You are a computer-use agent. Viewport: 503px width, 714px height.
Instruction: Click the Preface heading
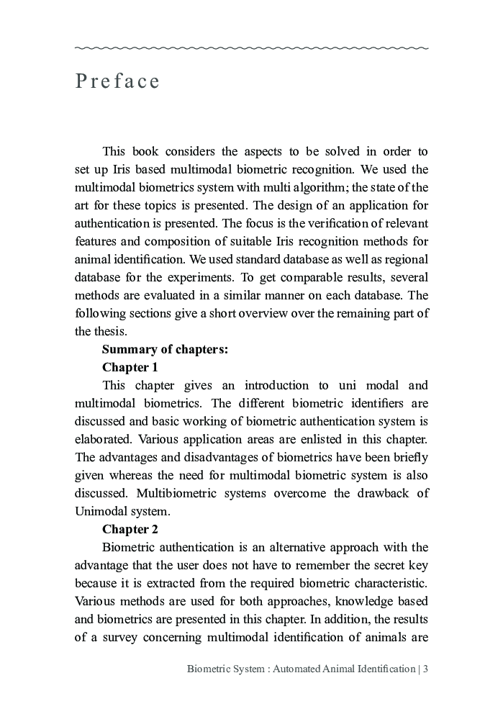[117, 81]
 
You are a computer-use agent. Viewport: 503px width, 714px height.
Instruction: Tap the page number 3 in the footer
[426, 669]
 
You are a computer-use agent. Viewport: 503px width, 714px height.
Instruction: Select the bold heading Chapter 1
[130, 367]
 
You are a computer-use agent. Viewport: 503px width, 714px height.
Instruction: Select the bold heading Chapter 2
[130, 530]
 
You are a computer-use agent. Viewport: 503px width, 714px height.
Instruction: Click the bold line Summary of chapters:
[165, 349]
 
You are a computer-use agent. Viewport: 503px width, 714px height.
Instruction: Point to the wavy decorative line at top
[251, 48]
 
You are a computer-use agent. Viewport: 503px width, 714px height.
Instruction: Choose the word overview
[248, 313]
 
